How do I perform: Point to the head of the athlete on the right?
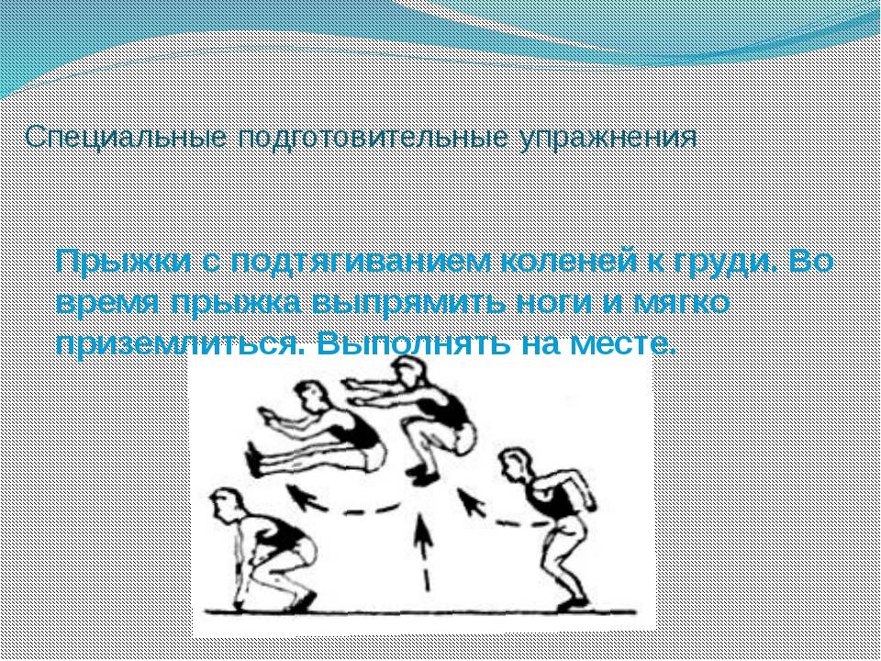[515, 464]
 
